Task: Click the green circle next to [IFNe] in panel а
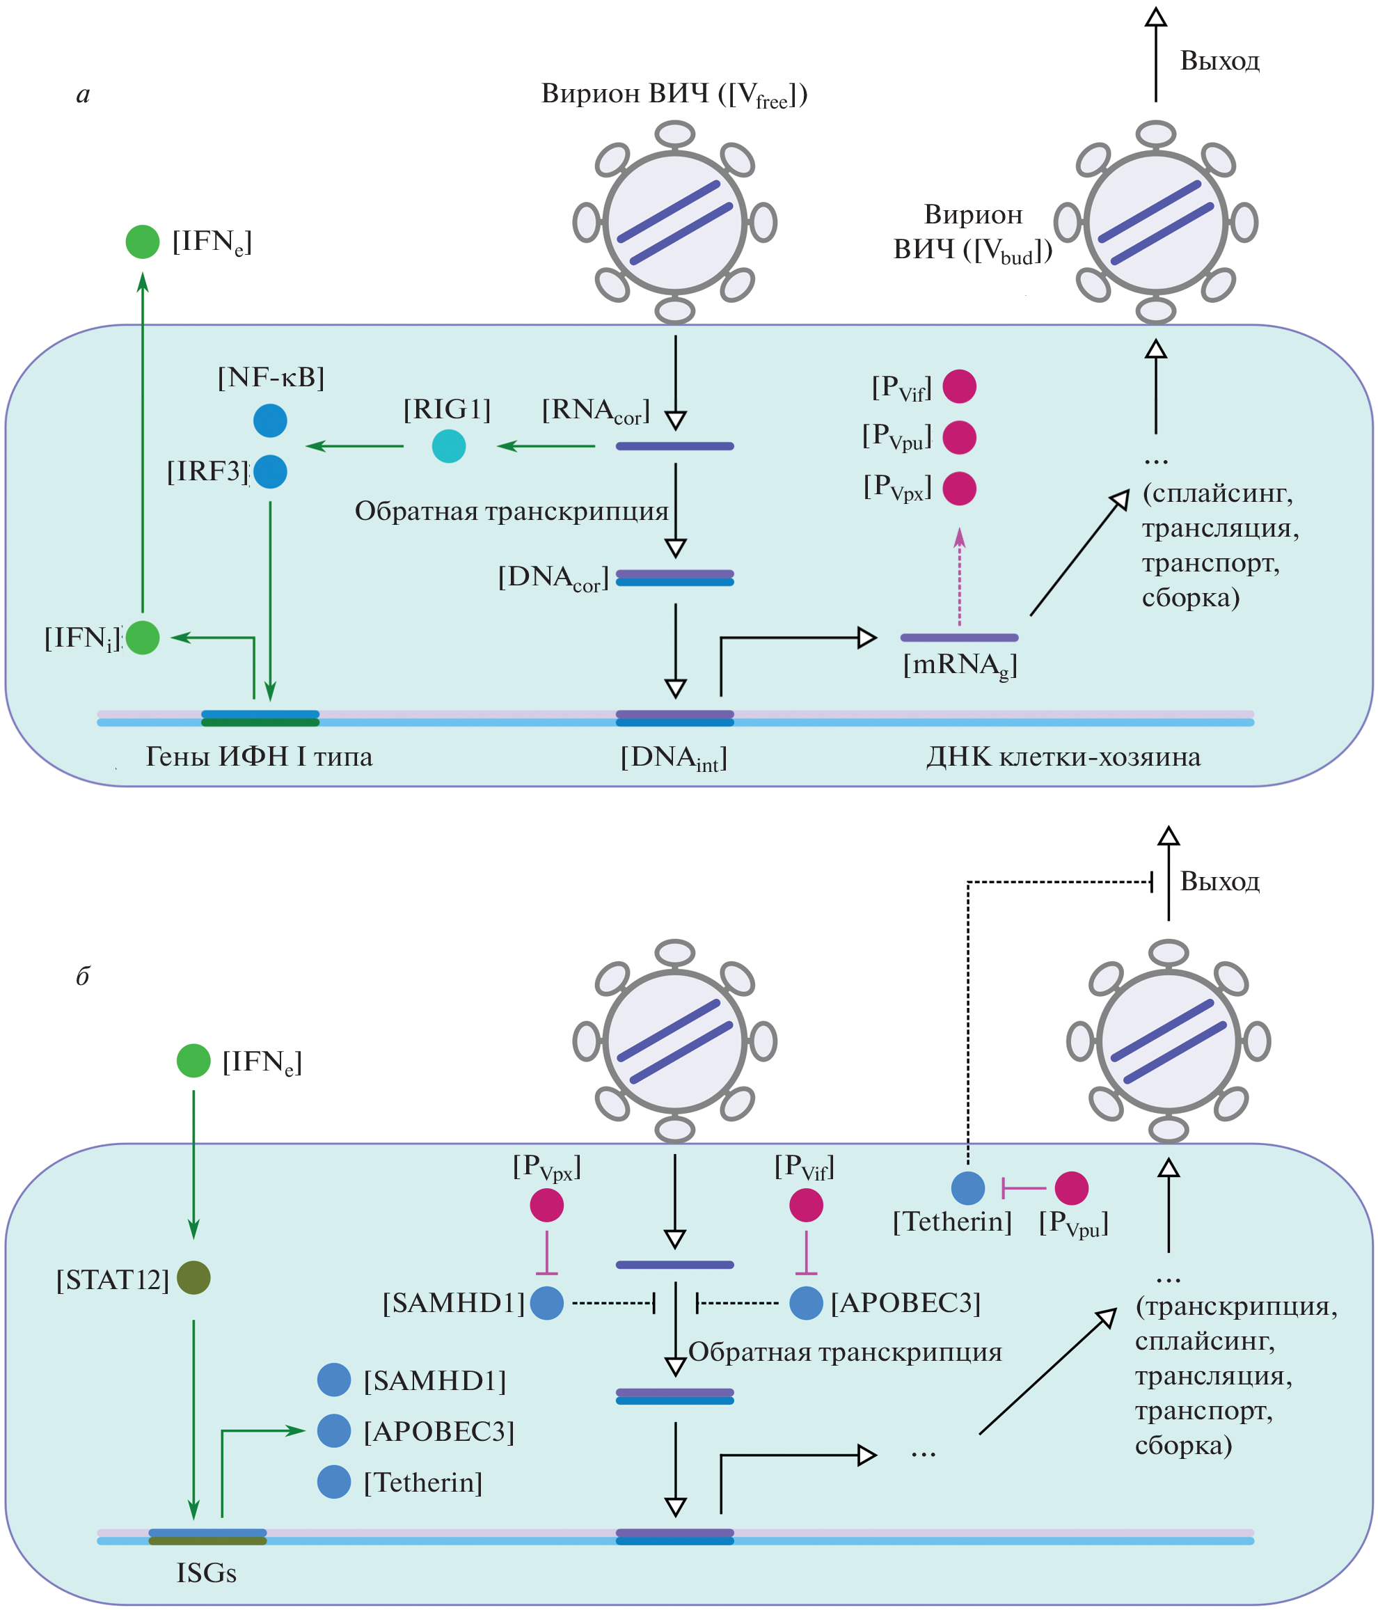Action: tap(142, 242)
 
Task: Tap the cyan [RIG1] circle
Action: tap(448, 446)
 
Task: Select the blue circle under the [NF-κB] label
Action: tap(270, 420)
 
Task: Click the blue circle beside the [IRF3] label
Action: tap(270, 472)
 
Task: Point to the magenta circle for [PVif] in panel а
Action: tap(959, 386)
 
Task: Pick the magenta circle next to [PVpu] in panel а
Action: tap(959, 437)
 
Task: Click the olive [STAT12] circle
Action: tap(193, 1277)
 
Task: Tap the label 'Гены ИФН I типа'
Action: tap(259, 756)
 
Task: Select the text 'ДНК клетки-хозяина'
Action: tap(1063, 756)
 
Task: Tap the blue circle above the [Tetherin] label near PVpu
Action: tap(968, 1187)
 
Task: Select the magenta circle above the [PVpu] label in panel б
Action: tap(1071, 1187)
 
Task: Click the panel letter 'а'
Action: tap(83, 95)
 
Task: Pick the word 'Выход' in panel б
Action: tap(1219, 882)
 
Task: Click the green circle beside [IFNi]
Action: tap(142, 637)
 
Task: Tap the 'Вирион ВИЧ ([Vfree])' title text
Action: tap(674, 95)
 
